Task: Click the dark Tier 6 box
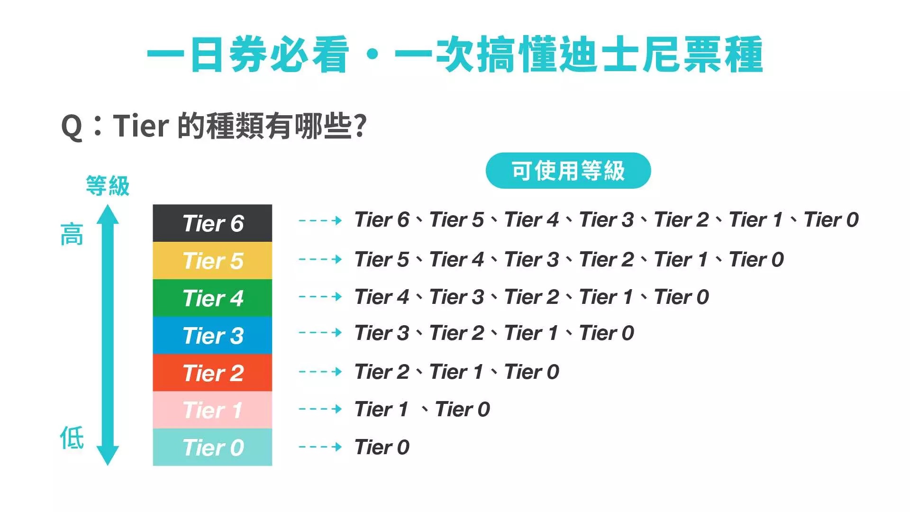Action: (x=212, y=223)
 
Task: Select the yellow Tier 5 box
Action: (x=212, y=261)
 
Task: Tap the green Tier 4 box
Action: (x=212, y=298)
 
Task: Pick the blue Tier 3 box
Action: (x=212, y=335)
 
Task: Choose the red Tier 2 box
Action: (x=212, y=373)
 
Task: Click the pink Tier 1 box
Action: (x=212, y=410)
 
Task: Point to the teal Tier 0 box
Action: (x=212, y=447)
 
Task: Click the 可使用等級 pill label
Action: (x=568, y=171)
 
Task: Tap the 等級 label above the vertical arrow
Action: (x=108, y=185)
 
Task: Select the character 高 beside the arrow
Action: (x=72, y=235)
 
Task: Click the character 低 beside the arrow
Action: (x=72, y=437)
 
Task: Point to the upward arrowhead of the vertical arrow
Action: (x=108, y=214)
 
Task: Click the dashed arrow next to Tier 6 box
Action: (x=320, y=220)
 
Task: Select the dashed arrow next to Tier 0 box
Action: (x=320, y=447)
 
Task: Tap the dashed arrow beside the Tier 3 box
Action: (x=320, y=333)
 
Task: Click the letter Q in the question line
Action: (x=72, y=127)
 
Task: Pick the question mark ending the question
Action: (x=360, y=126)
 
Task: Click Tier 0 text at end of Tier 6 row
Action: (x=831, y=220)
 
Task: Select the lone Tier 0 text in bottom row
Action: (x=382, y=448)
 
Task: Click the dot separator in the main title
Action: (x=373, y=55)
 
